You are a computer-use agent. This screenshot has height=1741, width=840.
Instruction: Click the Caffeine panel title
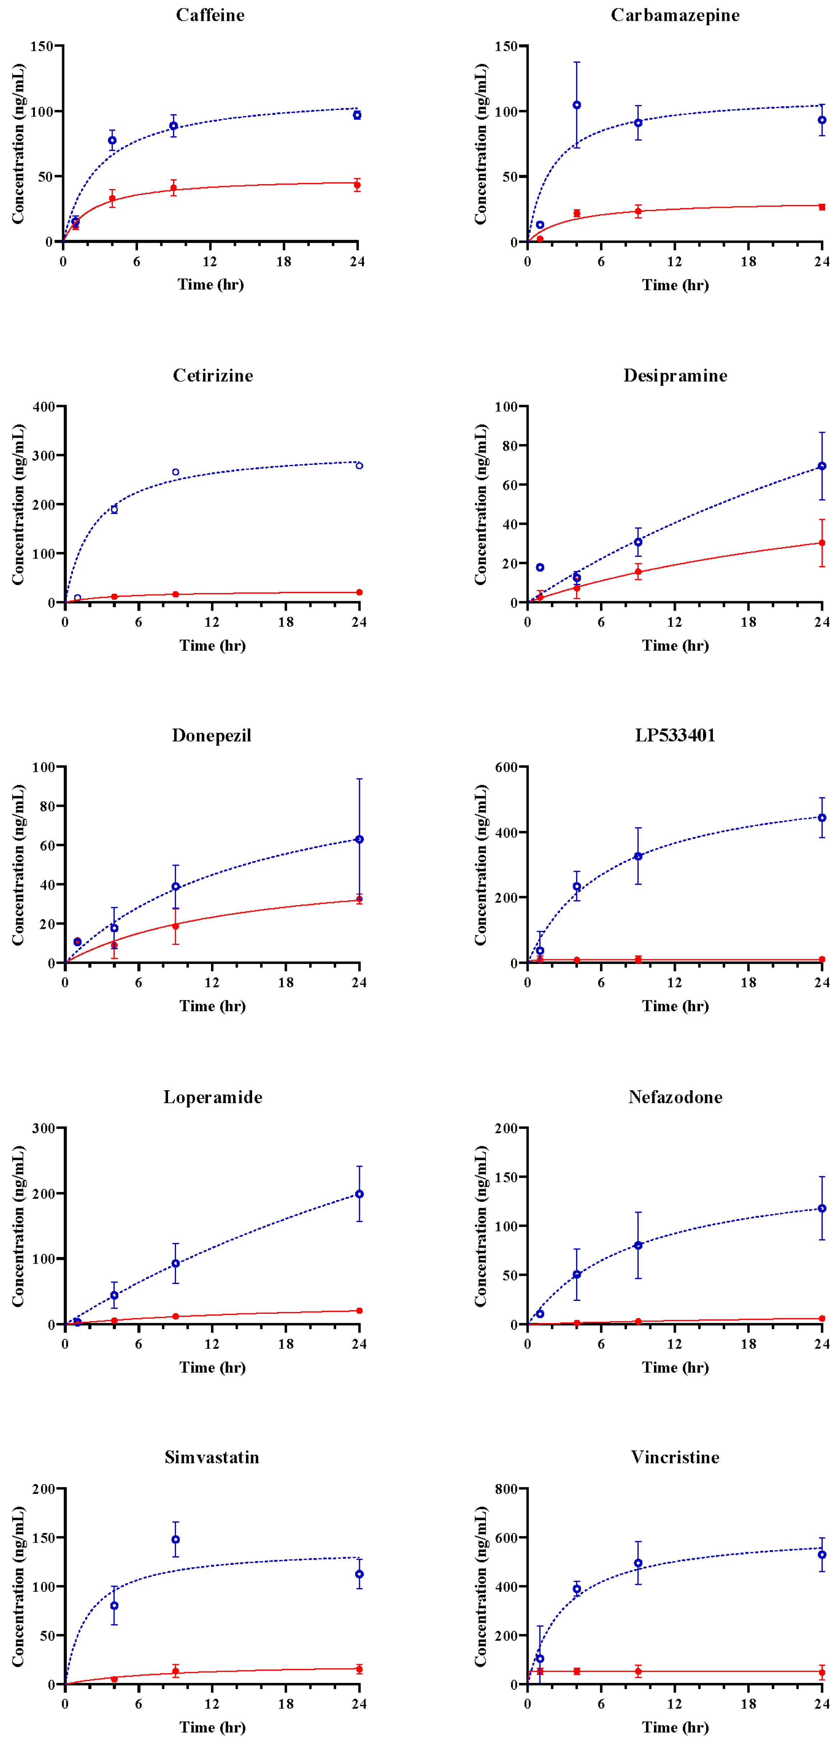pos(210,15)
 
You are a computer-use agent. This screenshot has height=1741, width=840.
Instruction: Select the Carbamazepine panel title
pos(674,15)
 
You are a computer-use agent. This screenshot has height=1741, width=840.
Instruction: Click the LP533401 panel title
pos(674,735)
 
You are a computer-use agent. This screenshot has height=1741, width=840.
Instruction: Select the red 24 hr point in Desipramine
pos(822,543)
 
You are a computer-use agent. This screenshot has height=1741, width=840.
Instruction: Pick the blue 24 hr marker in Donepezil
pos(359,839)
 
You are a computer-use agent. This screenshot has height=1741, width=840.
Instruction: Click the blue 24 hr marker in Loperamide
pos(359,1194)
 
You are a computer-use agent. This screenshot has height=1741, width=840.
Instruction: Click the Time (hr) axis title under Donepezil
pos(212,1006)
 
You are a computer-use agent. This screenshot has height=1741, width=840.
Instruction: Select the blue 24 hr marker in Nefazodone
pos(822,1208)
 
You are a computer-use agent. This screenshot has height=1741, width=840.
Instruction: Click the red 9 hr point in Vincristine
pos(638,1671)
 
